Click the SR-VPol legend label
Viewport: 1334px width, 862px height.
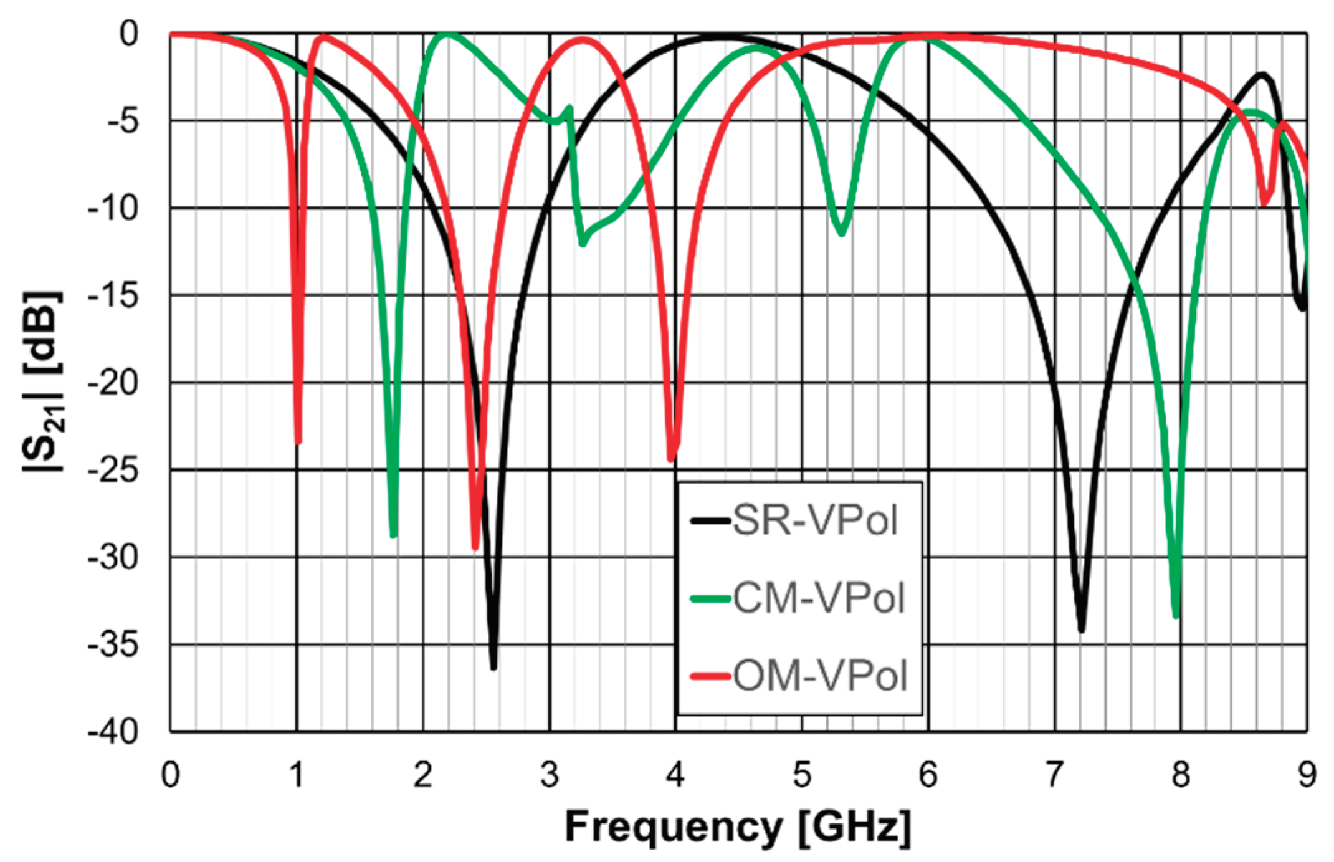tap(815, 520)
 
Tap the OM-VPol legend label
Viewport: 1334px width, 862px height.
tap(820, 676)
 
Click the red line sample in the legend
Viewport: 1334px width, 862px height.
tap(710, 676)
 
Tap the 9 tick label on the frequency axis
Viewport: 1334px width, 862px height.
tap(1307, 775)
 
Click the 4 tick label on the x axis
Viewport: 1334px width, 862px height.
tap(675, 775)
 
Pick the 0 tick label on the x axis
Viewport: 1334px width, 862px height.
tap(170, 775)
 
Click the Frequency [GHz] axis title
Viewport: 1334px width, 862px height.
tap(738, 827)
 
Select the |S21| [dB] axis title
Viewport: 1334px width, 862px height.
tap(42, 381)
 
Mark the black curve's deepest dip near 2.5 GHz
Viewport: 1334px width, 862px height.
tap(493, 667)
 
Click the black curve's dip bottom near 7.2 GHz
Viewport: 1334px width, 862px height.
tap(1082, 630)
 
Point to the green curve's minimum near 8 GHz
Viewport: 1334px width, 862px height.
tap(1176, 616)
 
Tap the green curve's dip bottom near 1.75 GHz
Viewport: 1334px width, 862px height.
tap(393, 535)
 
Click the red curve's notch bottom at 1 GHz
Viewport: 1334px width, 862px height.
tap(298, 441)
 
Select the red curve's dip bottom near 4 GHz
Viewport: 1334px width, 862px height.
tap(672, 459)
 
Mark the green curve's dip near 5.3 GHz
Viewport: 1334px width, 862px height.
tap(842, 233)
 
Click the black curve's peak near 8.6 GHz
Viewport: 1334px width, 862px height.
tap(1262, 75)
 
